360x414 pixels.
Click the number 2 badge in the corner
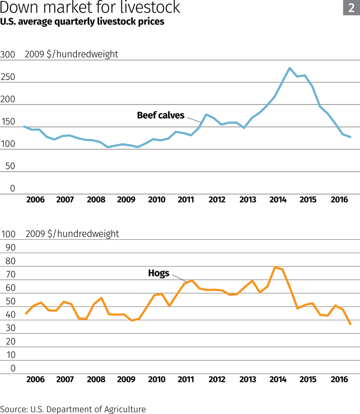pos(351,8)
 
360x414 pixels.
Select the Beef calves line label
pos(161,115)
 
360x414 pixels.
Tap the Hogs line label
pos(158,273)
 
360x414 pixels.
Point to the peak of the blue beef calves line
pos(289,68)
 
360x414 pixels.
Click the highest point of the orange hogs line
pos(275,267)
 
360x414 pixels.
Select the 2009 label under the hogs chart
pos(126,379)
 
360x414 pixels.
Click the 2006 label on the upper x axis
pos(36,200)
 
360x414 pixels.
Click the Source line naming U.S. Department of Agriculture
pos(73,409)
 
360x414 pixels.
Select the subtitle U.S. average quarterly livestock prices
pos(82,22)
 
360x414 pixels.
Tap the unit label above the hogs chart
pos(72,234)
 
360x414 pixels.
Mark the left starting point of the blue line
pos(24,127)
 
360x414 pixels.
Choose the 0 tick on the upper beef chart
pos(13,189)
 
